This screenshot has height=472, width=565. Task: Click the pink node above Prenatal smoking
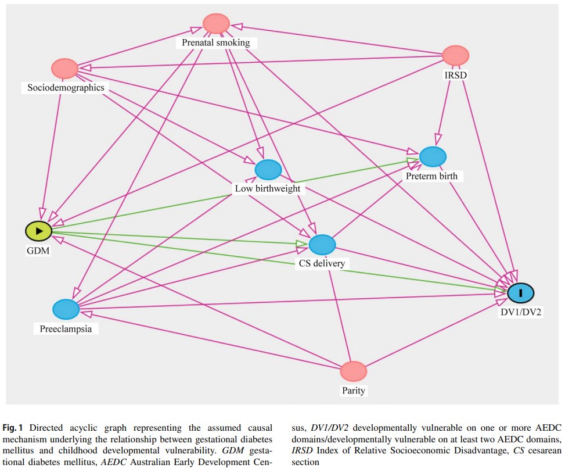217,24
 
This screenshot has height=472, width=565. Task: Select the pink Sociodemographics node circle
65,69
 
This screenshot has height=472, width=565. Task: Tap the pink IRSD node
456,56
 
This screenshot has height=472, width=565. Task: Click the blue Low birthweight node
268,170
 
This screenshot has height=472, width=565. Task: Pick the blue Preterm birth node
433,157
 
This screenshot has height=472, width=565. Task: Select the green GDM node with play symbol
38,231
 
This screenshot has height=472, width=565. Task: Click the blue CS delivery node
322,245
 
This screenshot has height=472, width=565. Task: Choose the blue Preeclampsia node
66,310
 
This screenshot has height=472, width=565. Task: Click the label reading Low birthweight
268,188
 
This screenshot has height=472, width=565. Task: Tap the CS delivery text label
322,264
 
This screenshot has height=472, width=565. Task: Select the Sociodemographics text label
66,88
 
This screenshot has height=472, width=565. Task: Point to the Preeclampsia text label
66,328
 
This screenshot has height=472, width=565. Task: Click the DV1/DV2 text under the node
521,312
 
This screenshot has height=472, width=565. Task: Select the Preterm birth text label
433,176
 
